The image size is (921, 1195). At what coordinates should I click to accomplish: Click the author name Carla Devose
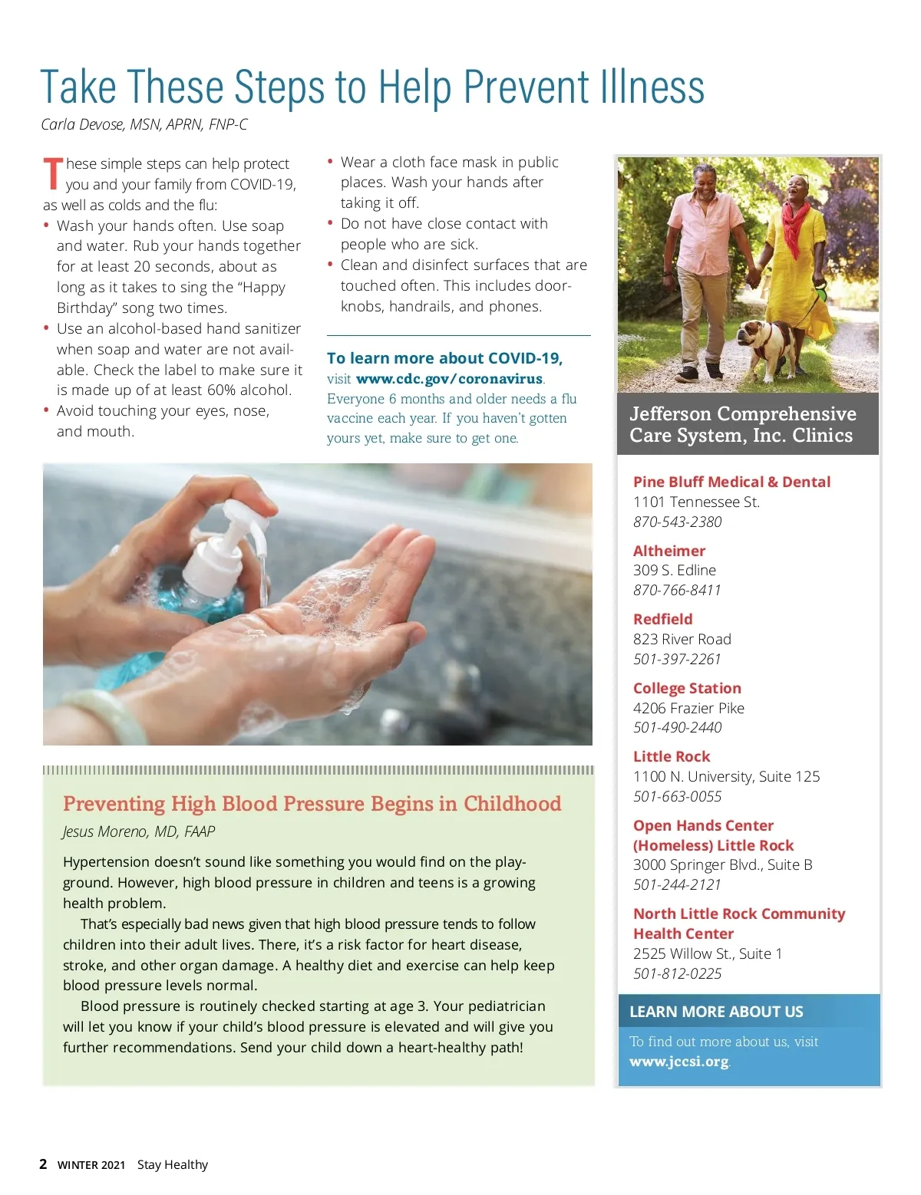(x=84, y=124)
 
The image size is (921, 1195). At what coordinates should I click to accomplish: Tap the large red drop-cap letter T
(x=52, y=173)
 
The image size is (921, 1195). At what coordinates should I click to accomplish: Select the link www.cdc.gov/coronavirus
(x=449, y=379)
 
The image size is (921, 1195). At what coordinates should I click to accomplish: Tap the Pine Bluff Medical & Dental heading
(x=731, y=482)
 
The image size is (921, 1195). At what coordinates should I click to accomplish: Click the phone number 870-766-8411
(x=677, y=590)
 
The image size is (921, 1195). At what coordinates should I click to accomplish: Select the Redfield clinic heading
(x=662, y=619)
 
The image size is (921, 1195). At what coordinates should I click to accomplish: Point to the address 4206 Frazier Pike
(x=688, y=708)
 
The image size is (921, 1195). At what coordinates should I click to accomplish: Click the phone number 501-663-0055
(x=677, y=796)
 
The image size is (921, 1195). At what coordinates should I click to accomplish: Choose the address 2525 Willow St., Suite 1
(x=708, y=953)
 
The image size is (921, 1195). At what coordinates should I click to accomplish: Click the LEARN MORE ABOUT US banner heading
(x=716, y=1012)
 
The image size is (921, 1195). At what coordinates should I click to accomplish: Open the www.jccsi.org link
(x=678, y=1062)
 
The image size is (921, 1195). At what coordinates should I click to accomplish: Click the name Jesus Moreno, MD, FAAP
(x=139, y=831)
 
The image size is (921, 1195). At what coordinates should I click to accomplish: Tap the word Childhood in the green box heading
(x=512, y=803)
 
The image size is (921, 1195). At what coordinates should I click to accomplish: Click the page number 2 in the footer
(x=43, y=1164)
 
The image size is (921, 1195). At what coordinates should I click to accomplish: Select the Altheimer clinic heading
(x=668, y=551)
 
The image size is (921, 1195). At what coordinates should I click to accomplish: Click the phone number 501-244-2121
(x=677, y=884)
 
